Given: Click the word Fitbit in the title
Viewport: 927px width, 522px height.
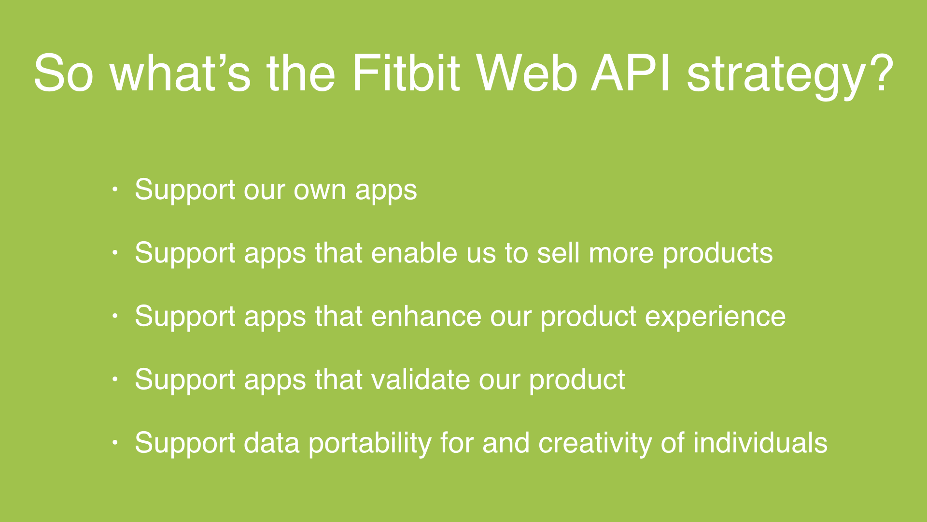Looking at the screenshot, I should tap(406, 73).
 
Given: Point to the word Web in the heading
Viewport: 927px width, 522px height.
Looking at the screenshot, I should tap(527, 73).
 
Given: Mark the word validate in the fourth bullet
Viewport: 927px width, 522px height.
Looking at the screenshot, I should tap(420, 379).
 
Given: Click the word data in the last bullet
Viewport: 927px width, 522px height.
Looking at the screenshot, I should tap(271, 443).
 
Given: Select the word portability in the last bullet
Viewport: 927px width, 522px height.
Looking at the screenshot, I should tap(370, 444).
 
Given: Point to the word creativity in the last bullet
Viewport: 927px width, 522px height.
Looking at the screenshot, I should tap(595, 444).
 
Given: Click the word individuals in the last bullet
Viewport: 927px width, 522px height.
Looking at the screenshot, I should tap(760, 443).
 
